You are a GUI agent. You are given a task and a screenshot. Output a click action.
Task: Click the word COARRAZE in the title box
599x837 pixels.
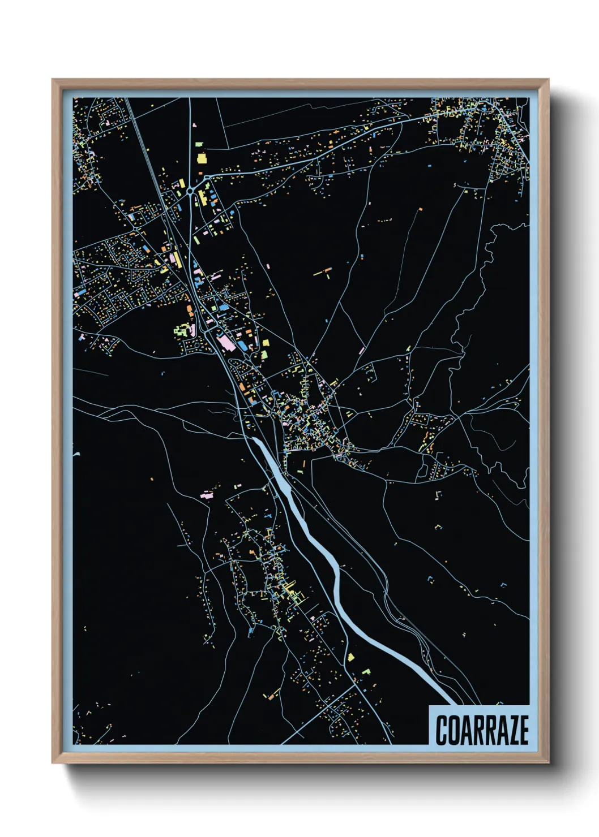pos(482,730)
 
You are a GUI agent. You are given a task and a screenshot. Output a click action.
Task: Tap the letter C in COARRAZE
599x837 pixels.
pos(441,730)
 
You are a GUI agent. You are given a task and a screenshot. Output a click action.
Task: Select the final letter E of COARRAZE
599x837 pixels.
pos(523,730)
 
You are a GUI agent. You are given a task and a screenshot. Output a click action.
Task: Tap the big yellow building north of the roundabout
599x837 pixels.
pos(201,157)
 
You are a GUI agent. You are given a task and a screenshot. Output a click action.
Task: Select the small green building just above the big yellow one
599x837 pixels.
pos(199,146)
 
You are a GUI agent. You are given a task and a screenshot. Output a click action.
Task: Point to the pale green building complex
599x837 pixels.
pos(183,330)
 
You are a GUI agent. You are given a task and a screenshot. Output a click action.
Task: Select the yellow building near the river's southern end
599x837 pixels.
pos(351,657)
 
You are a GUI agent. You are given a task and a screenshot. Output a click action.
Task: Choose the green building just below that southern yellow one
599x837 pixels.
pos(366,671)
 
